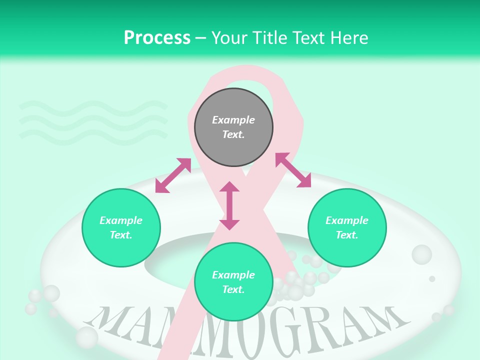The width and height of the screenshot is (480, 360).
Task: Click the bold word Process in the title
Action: pos(157,38)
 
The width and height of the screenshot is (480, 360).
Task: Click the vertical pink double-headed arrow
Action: pos(229,205)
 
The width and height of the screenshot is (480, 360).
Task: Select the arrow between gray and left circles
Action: pos(173,175)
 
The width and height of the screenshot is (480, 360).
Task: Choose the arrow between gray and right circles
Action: pos(293,170)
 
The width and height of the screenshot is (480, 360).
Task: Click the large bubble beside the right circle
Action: pos(421,254)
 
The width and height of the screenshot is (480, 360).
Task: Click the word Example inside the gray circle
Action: pos(233,120)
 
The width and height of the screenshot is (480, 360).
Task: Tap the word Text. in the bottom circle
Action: pos(233,289)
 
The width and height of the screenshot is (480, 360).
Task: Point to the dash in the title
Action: pos(200,38)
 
